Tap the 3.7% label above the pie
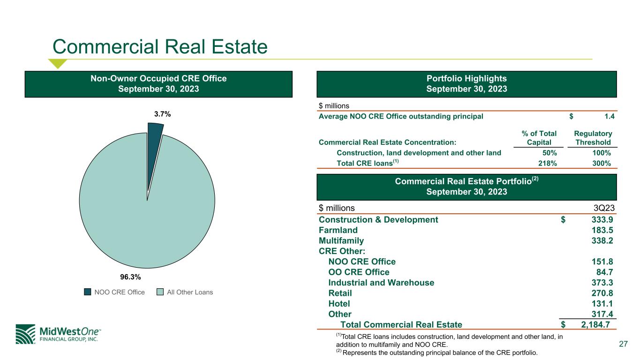click(x=163, y=114)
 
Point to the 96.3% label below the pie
click(x=130, y=277)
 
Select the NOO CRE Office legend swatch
click(x=87, y=292)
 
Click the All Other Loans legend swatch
click(x=160, y=292)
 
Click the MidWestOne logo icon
click(x=25, y=334)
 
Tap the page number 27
click(x=623, y=344)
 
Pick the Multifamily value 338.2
click(x=602, y=240)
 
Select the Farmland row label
click(x=338, y=230)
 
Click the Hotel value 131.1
click(x=602, y=303)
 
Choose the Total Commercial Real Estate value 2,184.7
click(x=595, y=324)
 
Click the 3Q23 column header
click(x=604, y=208)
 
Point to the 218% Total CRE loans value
click(x=548, y=164)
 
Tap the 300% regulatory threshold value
click(x=602, y=164)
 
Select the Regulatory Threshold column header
click(x=593, y=138)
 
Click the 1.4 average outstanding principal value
click(x=610, y=116)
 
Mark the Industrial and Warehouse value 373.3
click(x=602, y=283)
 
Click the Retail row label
click(x=340, y=293)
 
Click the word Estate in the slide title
click(x=240, y=46)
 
